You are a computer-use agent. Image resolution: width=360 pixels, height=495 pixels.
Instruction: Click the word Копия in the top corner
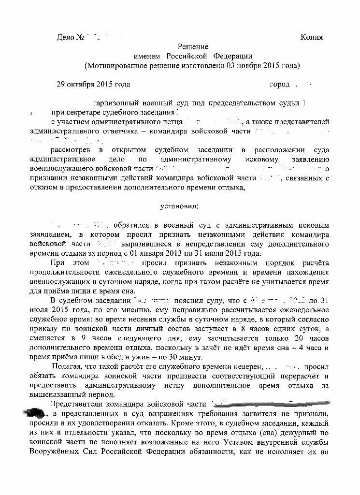[x=311, y=37]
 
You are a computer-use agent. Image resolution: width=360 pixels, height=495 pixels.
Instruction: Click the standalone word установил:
[x=179, y=206]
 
